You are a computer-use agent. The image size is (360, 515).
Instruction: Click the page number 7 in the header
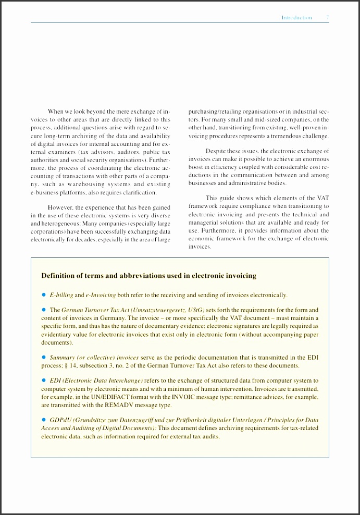click(x=327, y=18)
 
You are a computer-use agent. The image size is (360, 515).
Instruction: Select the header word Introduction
click(x=296, y=18)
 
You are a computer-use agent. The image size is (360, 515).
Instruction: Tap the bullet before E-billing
click(x=44, y=295)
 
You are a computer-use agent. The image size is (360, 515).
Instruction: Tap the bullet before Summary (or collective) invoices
click(x=44, y=358)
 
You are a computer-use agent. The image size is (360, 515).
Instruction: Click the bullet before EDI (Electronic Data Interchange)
click(x=44, y=381)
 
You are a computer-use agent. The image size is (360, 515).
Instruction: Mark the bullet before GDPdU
click(x=44, y=420)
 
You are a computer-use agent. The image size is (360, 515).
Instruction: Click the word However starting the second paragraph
click(x=60, y=207)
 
